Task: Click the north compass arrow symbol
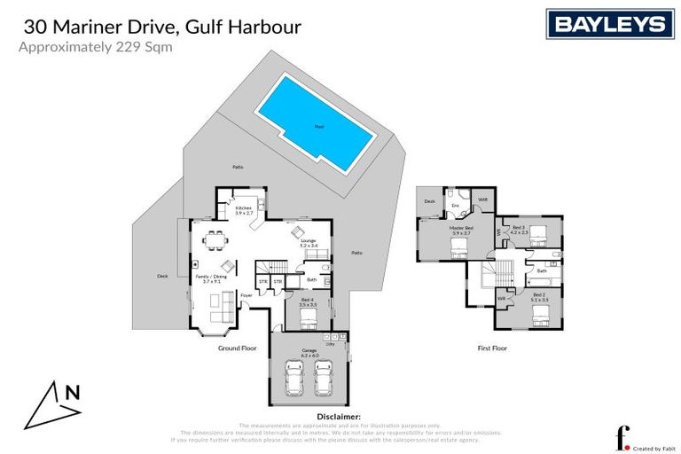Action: (55, 404)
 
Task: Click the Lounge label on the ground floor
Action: (308, 243)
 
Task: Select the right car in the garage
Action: (325, 379)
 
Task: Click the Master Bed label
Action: (461, 231)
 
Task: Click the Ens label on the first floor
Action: (455, 205)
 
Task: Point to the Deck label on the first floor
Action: (429, 201)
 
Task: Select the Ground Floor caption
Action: (237, 348)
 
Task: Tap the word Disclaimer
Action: (339, 416)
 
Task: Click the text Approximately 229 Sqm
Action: (96, 49)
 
